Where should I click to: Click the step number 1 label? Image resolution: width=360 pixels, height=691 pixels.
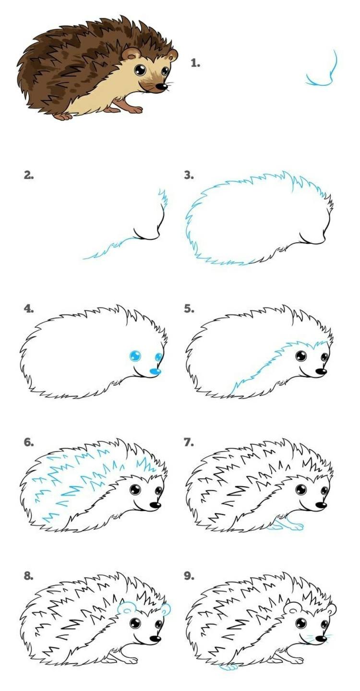click(x=195, y=63)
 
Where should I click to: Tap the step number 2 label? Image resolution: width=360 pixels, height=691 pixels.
click(x=29, y=176)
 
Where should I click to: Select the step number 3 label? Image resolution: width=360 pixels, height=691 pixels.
click(x=189, y=176)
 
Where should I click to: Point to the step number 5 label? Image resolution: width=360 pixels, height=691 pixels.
click(x=189, y=309)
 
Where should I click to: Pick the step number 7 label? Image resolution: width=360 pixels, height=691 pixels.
click(x=189, y=442)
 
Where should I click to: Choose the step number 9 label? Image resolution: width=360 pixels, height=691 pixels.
click(x=189, y=576)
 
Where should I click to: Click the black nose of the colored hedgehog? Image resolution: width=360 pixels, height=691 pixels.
click(x=161, y=87)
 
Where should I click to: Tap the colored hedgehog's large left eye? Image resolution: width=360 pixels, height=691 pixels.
click(x=140, y=70)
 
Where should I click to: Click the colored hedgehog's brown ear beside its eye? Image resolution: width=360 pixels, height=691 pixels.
click(x=129, y=54)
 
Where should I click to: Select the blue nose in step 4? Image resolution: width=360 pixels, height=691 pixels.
click(x=155, y=372)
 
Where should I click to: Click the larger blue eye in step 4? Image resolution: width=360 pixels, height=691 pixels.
click(x=135, y=356)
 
